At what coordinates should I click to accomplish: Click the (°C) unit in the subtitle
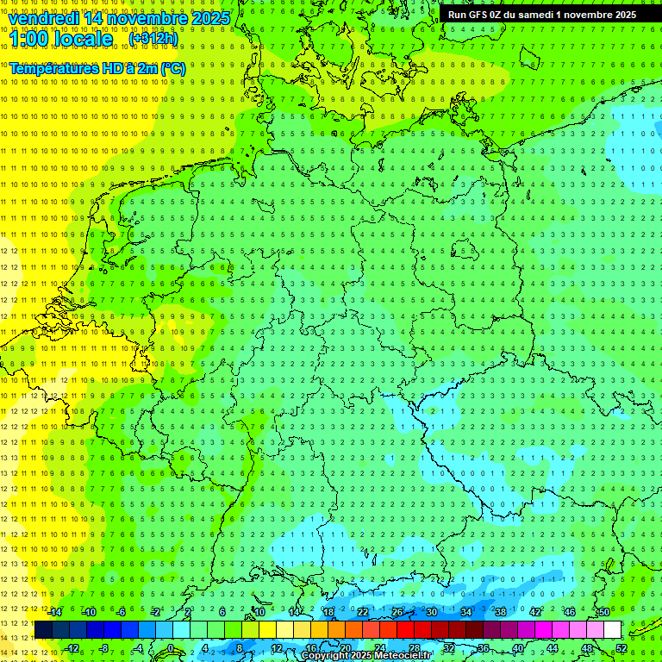[172, 68]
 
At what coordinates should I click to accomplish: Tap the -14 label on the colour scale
[55, 612]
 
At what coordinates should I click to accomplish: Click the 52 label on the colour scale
[621, 648]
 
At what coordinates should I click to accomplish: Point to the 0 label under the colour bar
[171, 648]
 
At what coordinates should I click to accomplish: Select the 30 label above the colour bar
[431, 612]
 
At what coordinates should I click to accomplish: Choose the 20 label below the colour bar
[345, 648]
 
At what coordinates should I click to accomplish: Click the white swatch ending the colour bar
[613, 630]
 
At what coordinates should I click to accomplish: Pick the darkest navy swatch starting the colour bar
[43, 630]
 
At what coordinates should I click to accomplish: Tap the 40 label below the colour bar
[518, 648]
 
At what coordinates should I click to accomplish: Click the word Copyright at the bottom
[326, 656]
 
